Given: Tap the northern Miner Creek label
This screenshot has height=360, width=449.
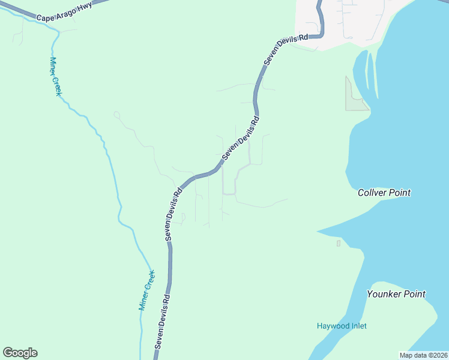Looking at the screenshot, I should (x=56, y=77).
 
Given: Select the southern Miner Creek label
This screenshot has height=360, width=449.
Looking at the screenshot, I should (x=147, y=289).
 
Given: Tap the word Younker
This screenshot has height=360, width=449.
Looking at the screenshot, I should (x=384, y=294).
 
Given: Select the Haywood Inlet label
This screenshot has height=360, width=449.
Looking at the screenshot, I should (x=342, y=326).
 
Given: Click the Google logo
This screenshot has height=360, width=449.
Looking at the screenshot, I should (x=20, y=353).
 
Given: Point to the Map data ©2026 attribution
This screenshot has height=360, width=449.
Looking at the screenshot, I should (x=423, y=355).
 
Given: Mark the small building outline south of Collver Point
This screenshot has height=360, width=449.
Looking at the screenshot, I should (x=339, y=243).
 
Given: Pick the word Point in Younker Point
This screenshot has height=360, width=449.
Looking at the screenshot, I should (x=414, y=294).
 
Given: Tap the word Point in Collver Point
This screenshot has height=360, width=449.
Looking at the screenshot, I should (x=400, y=193).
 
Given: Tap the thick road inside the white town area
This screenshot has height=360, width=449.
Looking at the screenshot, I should (x=321, y=18).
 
